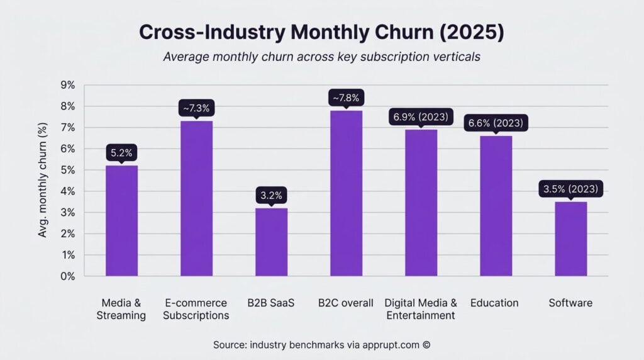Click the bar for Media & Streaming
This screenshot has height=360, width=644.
tap(121, 220)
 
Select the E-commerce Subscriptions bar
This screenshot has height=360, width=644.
tap(196, 198)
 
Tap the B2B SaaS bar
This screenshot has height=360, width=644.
tap(271, 242)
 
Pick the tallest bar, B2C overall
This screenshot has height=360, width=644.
tap(346, 193)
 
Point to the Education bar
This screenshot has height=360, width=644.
tap(496, 206)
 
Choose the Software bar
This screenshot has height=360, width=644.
tap(570, 239)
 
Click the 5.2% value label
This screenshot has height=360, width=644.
tap(121, 152)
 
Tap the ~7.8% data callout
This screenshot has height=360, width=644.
tap(346, 98)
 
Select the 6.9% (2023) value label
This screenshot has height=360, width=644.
tap(421, 116)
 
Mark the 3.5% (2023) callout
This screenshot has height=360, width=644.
tap(570, 188)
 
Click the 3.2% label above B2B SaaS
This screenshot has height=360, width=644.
tap(271, 194)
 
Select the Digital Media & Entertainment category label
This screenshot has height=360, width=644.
tap(421, 309)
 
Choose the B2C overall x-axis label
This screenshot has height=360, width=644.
tap(346, 303)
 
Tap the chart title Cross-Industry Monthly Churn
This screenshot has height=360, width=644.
tap(321, 33)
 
